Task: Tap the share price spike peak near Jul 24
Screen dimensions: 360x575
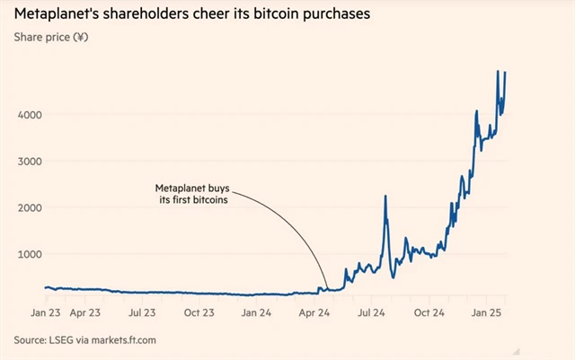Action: tap(385, 197)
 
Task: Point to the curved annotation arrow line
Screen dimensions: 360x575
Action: tap(296, 233)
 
